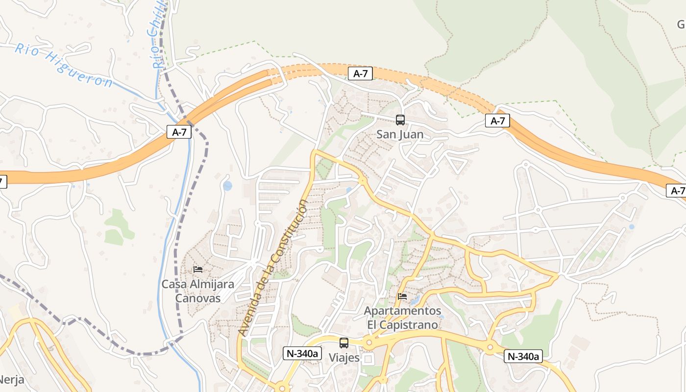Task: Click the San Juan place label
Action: [400, 134]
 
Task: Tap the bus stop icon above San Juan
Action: [400, 120]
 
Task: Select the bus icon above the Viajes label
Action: [344, 343]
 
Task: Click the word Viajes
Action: [344, 358]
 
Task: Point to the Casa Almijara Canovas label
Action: [198, 291]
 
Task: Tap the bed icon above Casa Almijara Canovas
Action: [198, 269]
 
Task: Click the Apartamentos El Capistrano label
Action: [402, 318]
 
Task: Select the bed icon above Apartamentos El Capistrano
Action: [402, 296]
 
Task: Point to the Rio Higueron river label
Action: [64, 65]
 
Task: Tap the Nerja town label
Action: [11, 380]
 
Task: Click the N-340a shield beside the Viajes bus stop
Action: [302, 353]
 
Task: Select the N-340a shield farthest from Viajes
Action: [523, 356]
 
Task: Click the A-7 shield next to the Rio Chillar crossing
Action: [179, 132]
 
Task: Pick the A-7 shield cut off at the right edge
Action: [677, 191]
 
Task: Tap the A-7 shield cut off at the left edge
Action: [2, 182]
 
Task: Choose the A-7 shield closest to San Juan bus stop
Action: [360, 73]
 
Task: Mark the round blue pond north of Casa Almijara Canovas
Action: [227, 186]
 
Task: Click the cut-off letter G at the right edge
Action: [681, 24]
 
